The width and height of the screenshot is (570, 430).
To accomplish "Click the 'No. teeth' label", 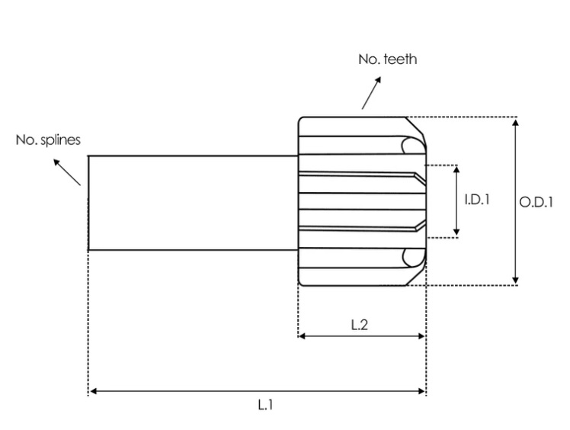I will (x=387, y=59).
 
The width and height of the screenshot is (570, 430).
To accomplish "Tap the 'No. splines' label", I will (x=48, y=140).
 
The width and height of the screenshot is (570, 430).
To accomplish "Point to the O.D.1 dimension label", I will (x=536, y=202).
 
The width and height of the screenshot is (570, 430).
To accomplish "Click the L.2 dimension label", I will (x=360, y=325).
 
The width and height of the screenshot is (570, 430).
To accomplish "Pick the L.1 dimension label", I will (x=264, y=405).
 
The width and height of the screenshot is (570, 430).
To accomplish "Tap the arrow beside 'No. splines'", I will (x=68, y=172).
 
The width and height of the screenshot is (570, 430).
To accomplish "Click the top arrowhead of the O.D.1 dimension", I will (x=516, y=121).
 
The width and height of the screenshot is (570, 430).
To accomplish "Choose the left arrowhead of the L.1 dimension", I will (x=93, y=391).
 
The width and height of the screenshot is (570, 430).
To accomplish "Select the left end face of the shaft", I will (x=88, y=203).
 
